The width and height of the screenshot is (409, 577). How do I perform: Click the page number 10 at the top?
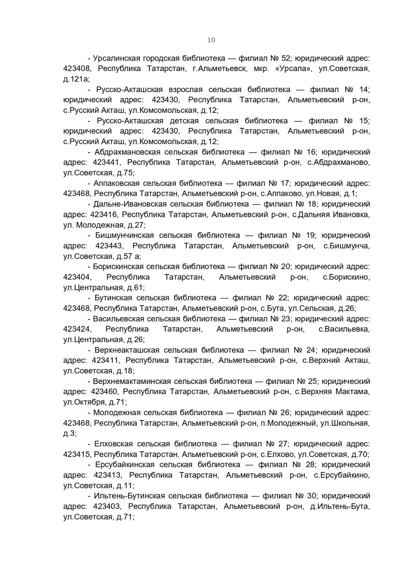coord(211,40)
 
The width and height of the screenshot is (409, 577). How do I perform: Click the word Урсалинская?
coord(116,58)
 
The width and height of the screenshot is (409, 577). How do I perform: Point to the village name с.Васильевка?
coord(344,329)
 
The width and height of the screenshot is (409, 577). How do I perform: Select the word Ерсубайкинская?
coord(125,465)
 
